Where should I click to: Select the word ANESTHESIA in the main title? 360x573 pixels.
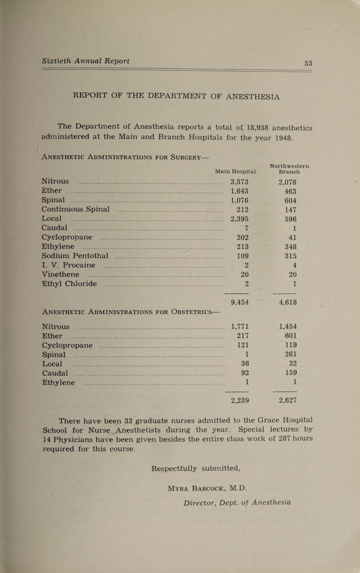(x=242, y=95)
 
